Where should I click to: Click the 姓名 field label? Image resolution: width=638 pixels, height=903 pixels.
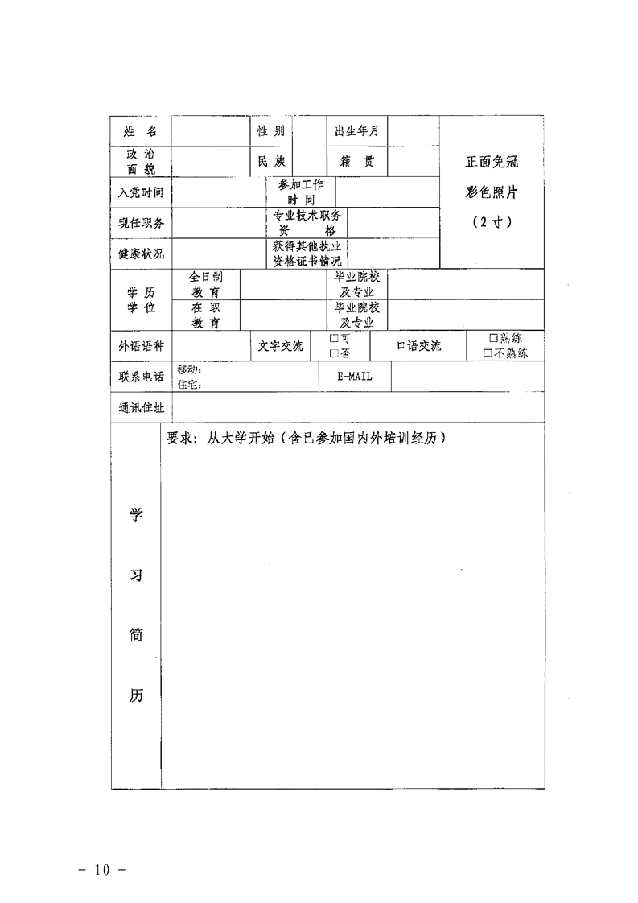pyautogui.click(x=141, y=131)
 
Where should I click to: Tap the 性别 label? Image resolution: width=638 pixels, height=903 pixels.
pyautogui.click(x=270, y=131)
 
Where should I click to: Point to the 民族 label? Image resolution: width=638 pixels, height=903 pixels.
pyautogui.click(x=270, y=161)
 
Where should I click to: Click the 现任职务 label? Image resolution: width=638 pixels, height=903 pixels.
pyautogui.click(x=141, y=223)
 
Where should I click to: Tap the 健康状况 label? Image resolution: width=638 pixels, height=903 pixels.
pyautogui.click(x=141, y=254)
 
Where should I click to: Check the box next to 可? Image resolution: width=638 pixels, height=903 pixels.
pyautogui.click(x=333, y=339)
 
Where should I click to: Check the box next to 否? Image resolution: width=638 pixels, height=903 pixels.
pyautogui.click(x=333, y=353)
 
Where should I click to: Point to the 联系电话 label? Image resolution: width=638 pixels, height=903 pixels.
pyautogui.click(x=141, y=376)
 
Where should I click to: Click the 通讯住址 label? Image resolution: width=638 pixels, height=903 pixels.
pyautogui.click(x=141, y=407)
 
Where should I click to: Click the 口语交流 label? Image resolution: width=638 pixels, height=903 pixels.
pyautogui.click(x=419, y=346)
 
